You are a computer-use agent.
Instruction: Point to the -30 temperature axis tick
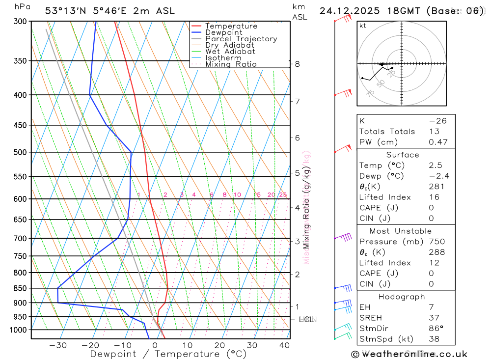pyautogui.click(x=58, y=345)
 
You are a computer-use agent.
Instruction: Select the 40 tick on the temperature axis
pyautogui.click(x=284, y=345)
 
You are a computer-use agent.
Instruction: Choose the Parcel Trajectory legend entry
pyautogui.click(x=241, y=39)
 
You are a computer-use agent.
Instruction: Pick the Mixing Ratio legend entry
pyautogui.click(x=230, y=64)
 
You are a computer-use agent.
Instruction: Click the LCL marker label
pyautogui.click(x=306, y=320)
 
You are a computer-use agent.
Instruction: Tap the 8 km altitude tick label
pyautogui.click(x=298, y=64)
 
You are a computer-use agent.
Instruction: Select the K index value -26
pyautogui.click(x=437, y=121)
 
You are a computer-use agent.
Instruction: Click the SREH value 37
pyautogui.click(x=434, y=318)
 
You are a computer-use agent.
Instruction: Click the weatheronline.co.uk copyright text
pyautogui.click(x=409, y=354)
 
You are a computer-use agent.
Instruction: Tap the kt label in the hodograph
pyautogui.click(x=363, y=26)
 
